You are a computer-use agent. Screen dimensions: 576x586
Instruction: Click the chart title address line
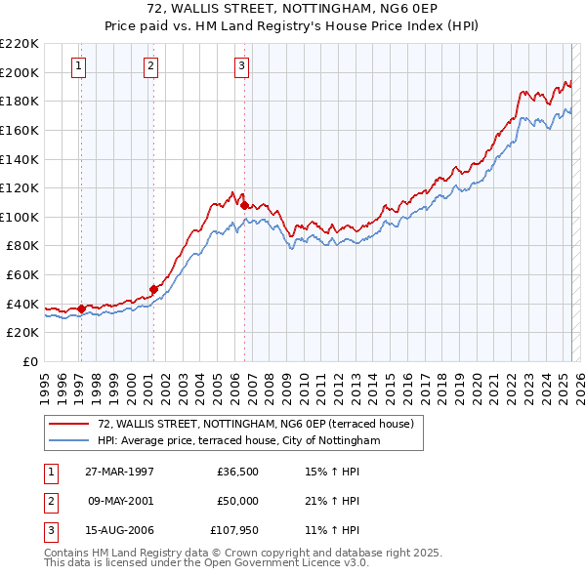[293, 9]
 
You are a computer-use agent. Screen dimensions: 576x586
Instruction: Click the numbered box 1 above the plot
[78, 66]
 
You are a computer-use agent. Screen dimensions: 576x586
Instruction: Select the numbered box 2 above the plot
[151, 66]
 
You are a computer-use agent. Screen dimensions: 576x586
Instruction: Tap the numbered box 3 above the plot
[241, 66]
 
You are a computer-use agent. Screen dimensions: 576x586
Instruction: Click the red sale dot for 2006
[244, 204]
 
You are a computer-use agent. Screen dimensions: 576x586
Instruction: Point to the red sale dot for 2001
[153, 288]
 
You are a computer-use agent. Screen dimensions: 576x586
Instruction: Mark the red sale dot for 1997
[81, 309]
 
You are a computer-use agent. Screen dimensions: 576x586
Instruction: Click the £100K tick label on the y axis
[20, 217]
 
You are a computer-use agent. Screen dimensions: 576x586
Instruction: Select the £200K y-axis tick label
[20, 72]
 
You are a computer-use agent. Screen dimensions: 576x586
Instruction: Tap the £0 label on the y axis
[29, 361]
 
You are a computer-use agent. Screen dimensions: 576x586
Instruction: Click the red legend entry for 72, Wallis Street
[256, 424]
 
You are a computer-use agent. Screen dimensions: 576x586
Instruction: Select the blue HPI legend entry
[237, 440]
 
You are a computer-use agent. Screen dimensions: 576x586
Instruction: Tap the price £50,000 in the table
[237, 501]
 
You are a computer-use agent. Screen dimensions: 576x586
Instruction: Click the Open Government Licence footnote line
[206, 562]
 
